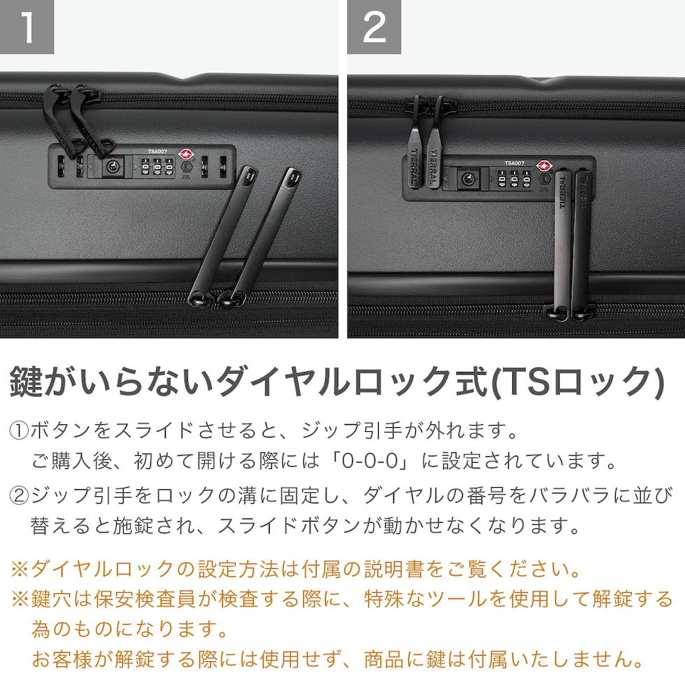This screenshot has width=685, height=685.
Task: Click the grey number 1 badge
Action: tap(27, 27)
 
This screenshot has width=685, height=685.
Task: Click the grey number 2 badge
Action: tap(374, 27)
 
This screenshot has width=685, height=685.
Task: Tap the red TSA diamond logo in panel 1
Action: tap(186, 154)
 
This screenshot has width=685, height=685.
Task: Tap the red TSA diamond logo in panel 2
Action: tap(545, 166)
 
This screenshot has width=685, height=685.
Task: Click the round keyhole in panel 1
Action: tap(113, 166)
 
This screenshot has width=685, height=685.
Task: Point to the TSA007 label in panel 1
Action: tap(157, 152)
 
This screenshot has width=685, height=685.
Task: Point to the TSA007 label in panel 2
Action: tap(514, 163)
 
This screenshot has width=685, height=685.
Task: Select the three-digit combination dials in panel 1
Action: tap(157, 167)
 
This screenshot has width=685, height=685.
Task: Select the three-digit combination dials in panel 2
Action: tap(514, 179)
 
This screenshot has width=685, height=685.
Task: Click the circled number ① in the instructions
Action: tap(20, 431)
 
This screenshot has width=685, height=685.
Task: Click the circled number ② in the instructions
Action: tap(20, 496)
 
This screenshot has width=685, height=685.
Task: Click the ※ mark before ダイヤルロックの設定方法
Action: tap(20, 570)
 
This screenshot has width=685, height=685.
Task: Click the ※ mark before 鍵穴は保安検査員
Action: tap(20, 600)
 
